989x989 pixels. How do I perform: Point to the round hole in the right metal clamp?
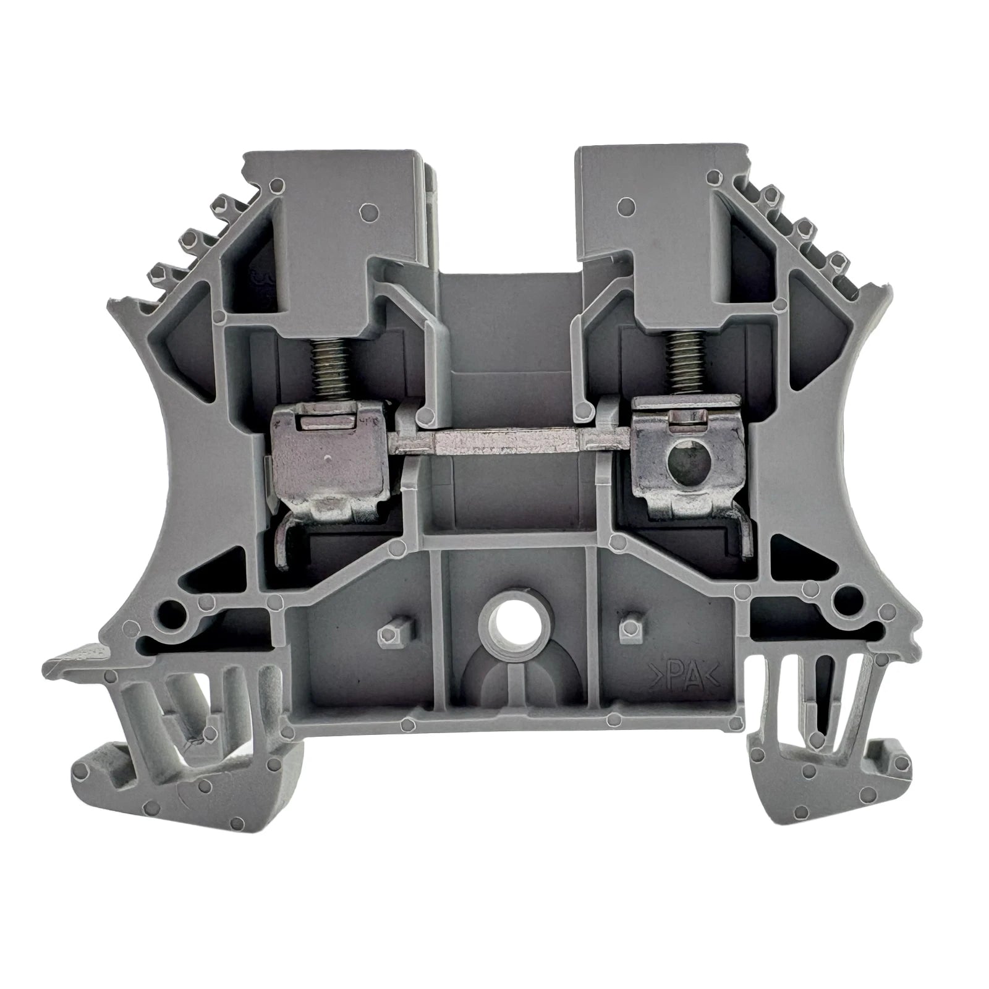tap(685, 462)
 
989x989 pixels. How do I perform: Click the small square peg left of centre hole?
tap(387, 630)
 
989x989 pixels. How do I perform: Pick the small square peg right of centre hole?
tap(628, 627)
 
